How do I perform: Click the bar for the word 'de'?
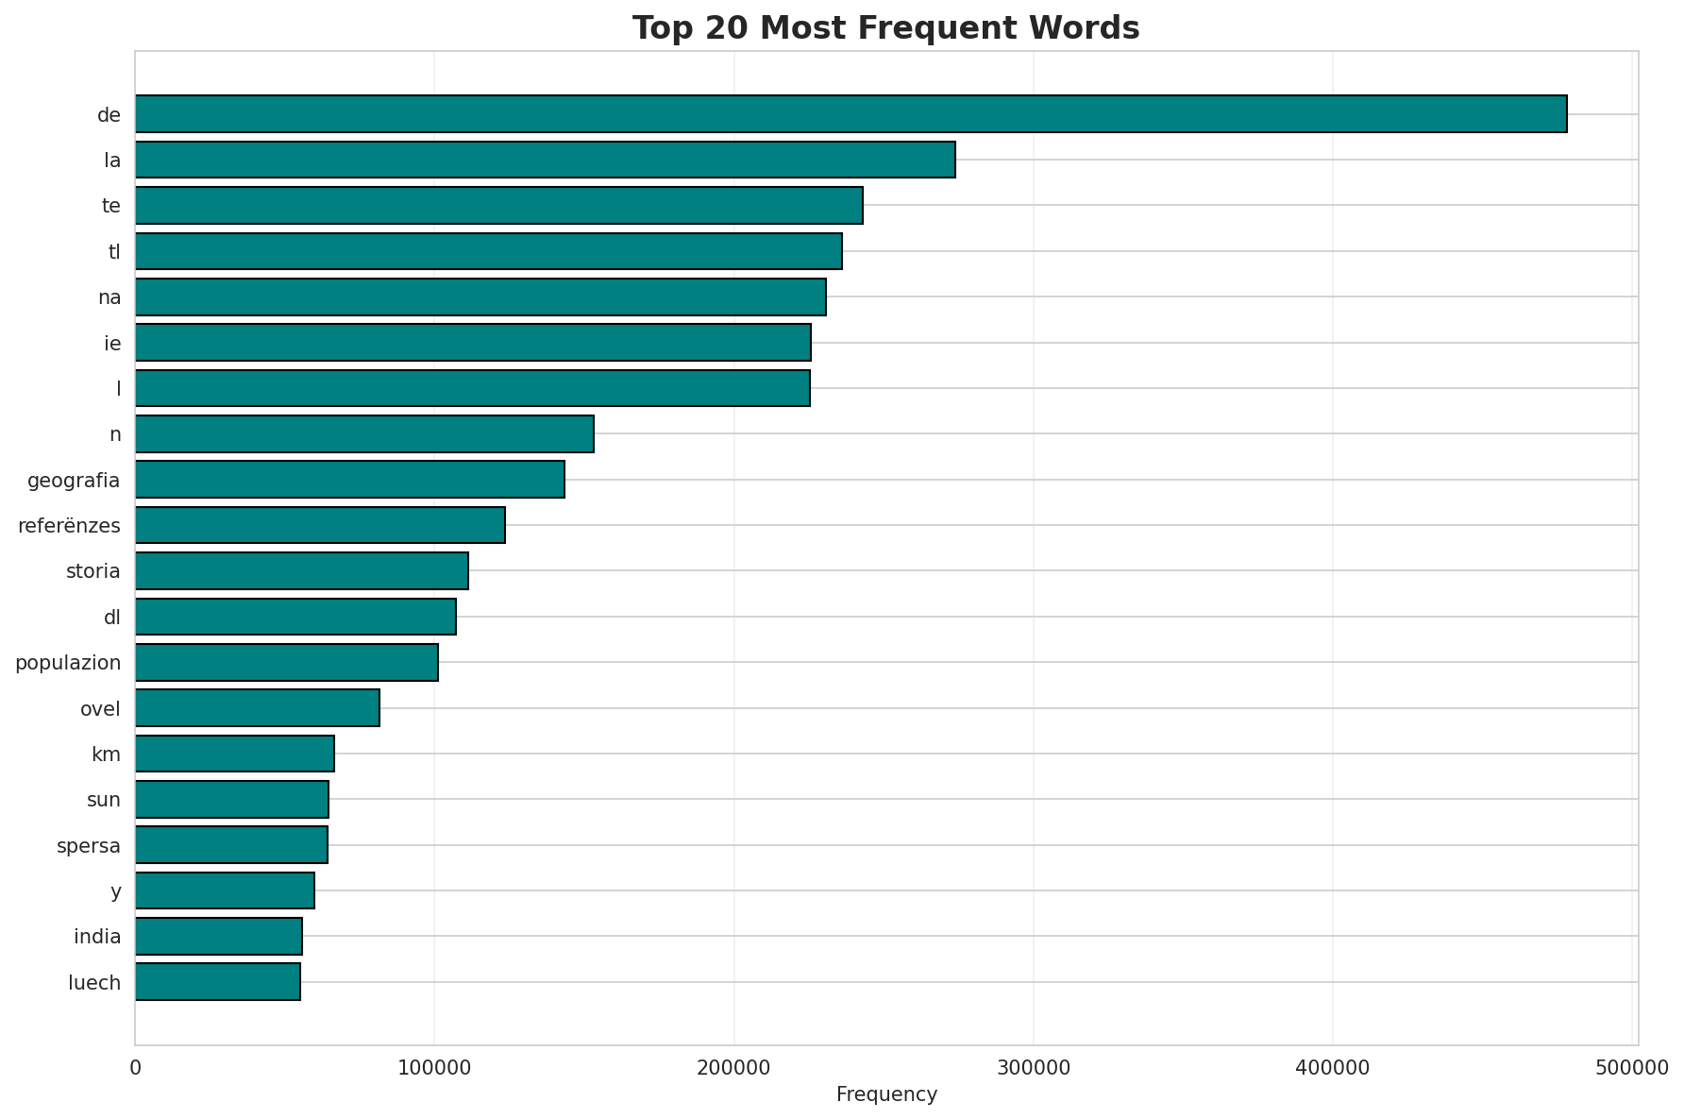(850, 113)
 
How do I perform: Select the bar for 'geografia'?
(349, 480)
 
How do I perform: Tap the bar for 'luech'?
(217, 982)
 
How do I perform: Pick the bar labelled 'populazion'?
(286, 662)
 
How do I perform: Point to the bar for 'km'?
(234, 754)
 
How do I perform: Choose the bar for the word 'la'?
(545, 160)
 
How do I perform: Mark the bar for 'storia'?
(301, 570)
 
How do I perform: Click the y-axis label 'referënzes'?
(69, 526)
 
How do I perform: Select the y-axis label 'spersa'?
(89, 846)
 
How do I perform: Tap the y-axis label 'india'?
(97, 937)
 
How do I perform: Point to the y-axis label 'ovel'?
(100, 708)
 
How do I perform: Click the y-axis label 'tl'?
(114, 252)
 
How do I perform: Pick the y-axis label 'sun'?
(103, 800)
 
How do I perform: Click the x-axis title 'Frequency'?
(886, 1094)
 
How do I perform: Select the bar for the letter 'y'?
(225, 890)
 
